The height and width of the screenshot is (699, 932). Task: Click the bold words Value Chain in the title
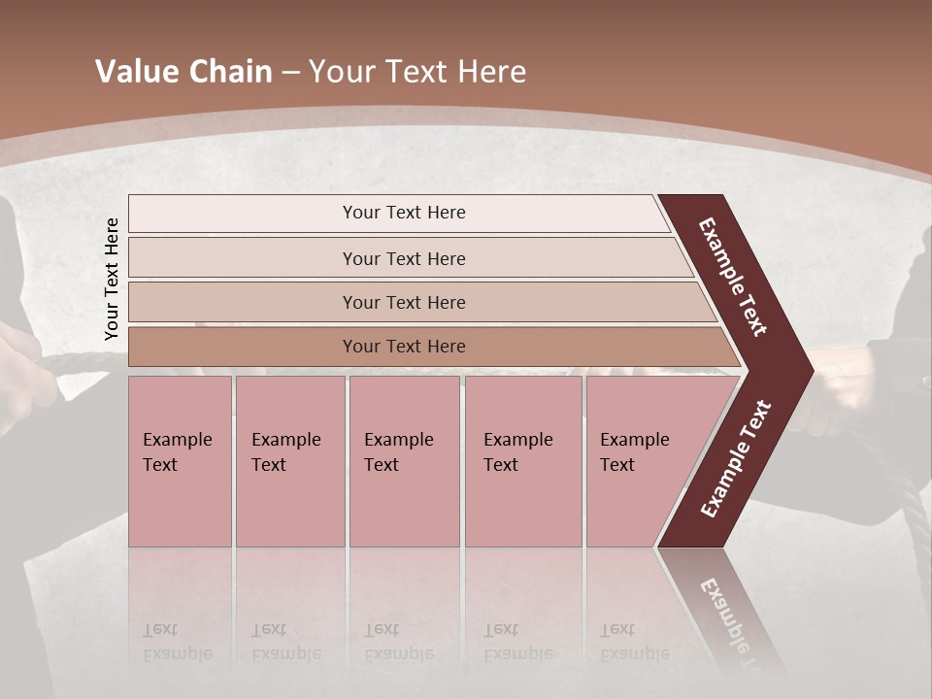pyautogui.click(x=183, y=72)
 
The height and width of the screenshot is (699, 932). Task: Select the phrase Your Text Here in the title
pyautogui.click(x=417, y=72)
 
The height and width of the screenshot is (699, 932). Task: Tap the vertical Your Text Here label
pyautogui.click(x=112, y=279)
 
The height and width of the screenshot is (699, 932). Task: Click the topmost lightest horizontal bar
pyautogui.click(x=403, y=213)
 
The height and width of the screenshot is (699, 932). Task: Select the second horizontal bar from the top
pyautogui.click(x=403, y=258)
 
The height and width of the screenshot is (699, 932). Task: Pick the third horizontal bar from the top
pyautogui.click(x=403, y=302)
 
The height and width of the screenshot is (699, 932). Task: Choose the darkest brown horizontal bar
pyautogui.click(x=403, y=347)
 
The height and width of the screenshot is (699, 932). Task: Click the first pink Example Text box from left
pyautogui.click(x=180, y=461)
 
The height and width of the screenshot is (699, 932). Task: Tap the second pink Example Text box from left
pyautogui.click(x=289, y=461)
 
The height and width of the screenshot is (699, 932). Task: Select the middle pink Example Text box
pyautogui.click(x=404, y=461)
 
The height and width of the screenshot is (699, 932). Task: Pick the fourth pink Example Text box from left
pyautogui.click(x=523, y=461)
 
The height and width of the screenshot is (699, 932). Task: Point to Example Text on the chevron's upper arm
pyautogui.click(x=733, y=277)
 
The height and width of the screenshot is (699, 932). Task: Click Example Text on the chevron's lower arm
pyautogui.click(x=735, y=459)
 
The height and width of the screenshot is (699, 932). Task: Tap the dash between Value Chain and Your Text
pyautogui.click(x=290, y=73)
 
